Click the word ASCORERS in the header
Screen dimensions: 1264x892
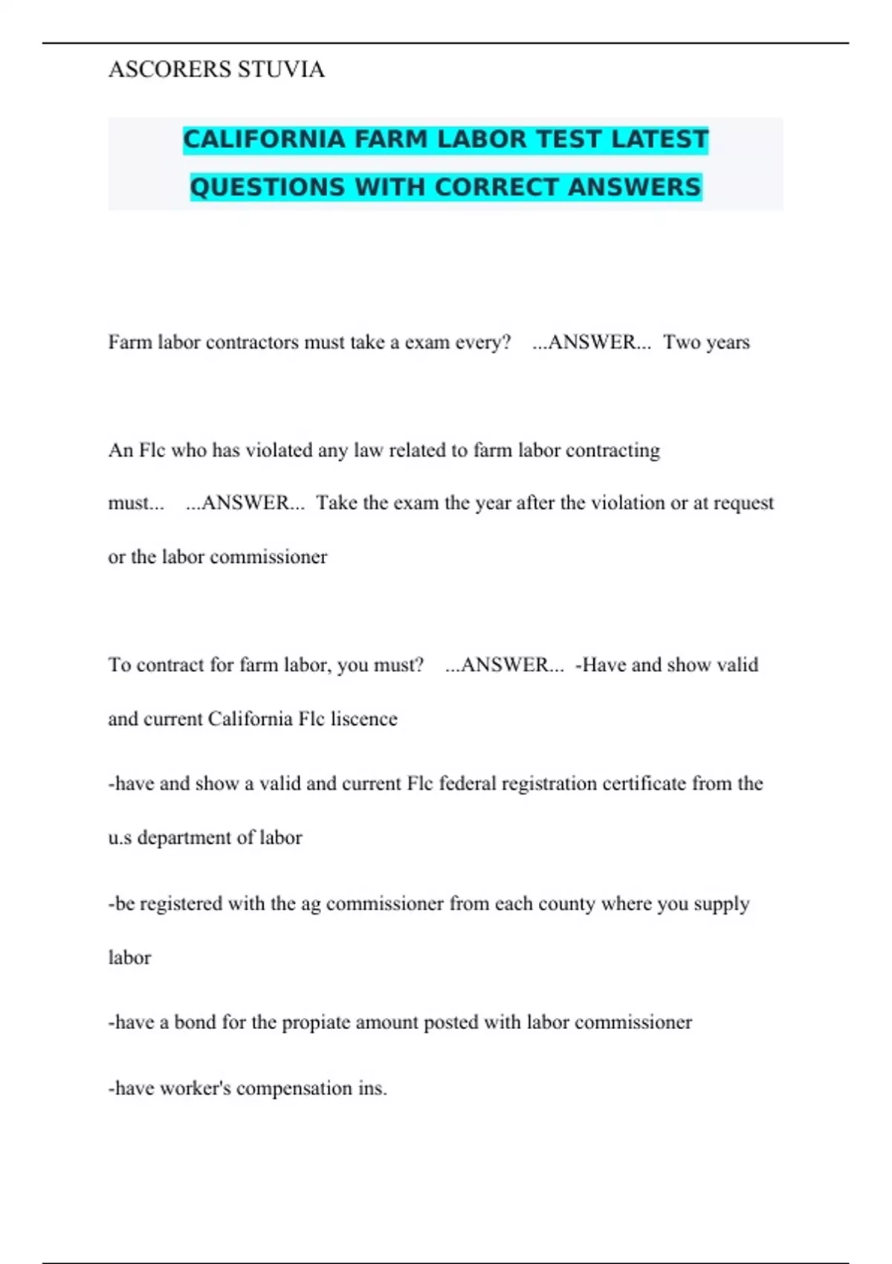pos(169,69)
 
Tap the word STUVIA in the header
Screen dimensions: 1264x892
pos(281,69)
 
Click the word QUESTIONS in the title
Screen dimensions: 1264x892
pos(268,187)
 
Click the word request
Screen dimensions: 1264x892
pos(743,503)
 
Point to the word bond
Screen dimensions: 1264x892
pos(195,1022)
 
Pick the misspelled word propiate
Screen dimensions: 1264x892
pos(316,1023)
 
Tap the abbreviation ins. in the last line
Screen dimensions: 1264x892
pos(372,1089)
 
